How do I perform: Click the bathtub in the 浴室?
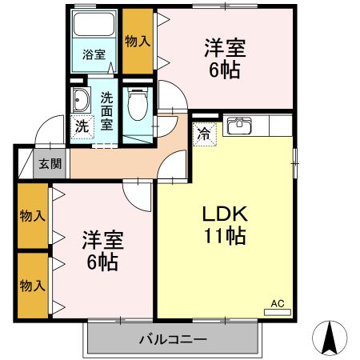94,24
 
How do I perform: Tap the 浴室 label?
94,54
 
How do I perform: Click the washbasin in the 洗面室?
81,100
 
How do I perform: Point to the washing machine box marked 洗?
82,126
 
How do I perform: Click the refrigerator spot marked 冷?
205,134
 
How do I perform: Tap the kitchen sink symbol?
239,126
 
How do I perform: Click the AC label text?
278,303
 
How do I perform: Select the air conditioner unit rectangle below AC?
278,312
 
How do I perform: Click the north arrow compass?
330,338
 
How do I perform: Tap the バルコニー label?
173,339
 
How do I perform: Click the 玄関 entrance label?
50,164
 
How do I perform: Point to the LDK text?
226,214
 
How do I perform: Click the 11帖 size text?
225,236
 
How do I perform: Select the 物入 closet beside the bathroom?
138,42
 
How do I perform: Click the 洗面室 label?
106,111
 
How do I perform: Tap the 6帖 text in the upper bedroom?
225,70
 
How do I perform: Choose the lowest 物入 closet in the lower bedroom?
33,286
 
